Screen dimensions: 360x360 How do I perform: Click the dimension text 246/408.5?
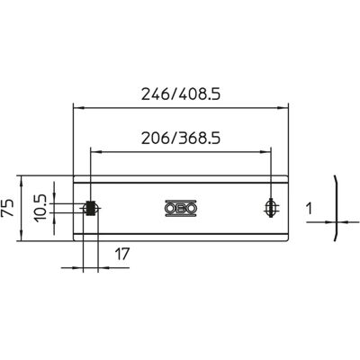click(x=181, y=94)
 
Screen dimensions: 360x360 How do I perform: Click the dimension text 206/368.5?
click(x=181, y=139)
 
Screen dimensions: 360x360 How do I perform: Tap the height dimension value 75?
click(x=7, y=207)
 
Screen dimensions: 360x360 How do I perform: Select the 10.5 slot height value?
click(x=40, y=208)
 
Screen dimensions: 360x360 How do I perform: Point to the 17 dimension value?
click(x=121, y=254)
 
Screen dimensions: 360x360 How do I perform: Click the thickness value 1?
click(x=310, y=209)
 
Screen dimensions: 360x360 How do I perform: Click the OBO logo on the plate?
click(x=181, y=208)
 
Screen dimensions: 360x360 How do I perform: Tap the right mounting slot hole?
click(x=272, y=208)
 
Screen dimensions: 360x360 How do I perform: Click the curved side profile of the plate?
click(x=337, y=208)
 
